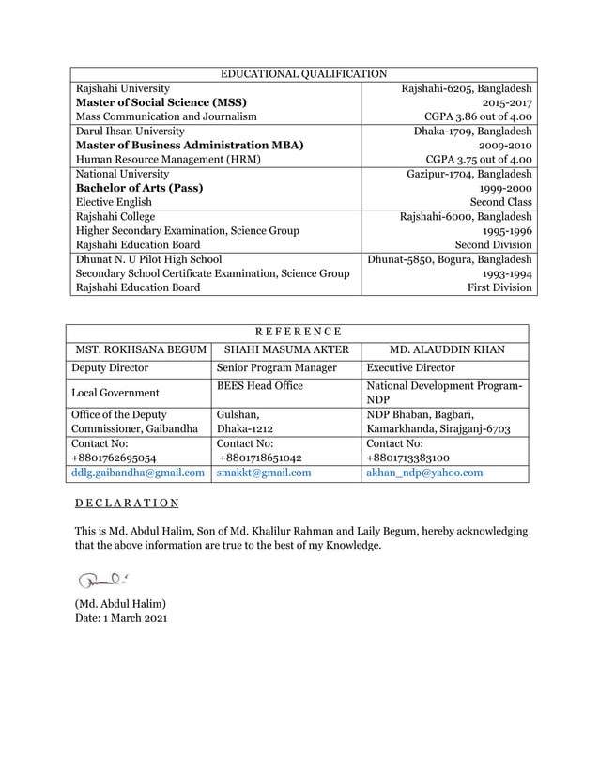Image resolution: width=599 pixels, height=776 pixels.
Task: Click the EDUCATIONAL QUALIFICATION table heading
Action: click(x=302, y=72)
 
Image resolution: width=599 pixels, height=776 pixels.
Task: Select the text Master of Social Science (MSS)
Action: click(x=161, y=102)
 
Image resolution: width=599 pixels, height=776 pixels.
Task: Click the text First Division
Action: click(x=499, y=287)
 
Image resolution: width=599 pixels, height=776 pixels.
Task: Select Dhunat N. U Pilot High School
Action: click(x=148, y=259)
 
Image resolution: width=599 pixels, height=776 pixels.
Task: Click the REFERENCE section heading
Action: click(x=298, y=331)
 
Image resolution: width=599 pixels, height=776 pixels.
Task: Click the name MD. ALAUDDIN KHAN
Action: click(x=446, y=349)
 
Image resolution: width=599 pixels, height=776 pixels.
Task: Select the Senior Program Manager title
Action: click(x=276, y=368)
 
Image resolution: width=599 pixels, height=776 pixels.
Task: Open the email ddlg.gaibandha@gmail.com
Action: click(x=139, y=473)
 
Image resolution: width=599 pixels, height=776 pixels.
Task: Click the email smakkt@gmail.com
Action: click(x=264, y=473)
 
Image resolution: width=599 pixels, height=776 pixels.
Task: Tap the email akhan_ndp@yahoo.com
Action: click(x=424, y=473)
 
